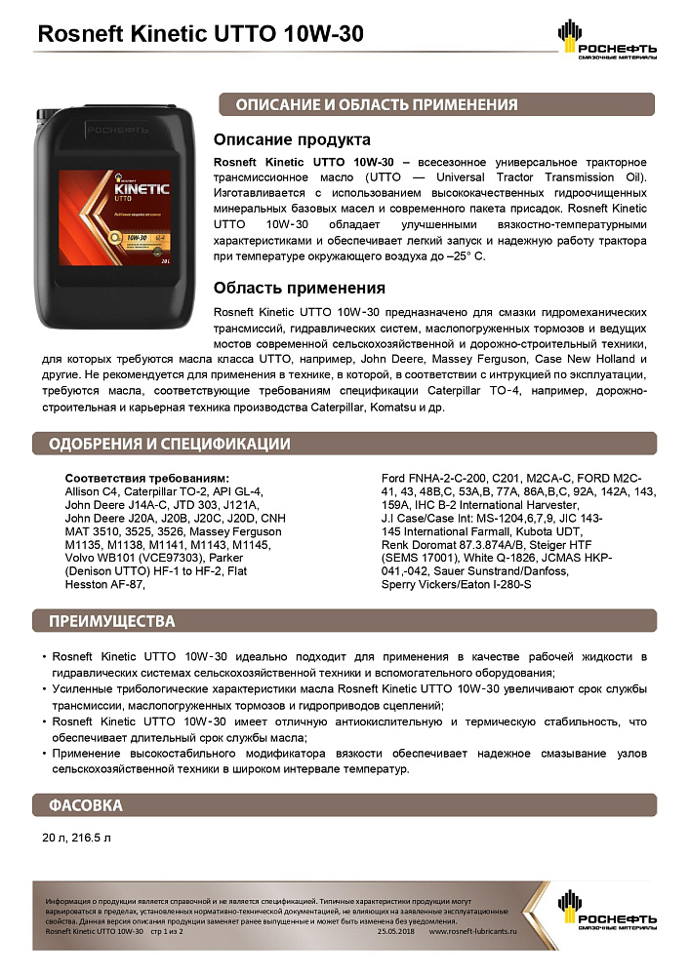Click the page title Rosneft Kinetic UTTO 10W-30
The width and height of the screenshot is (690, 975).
click(199, 34)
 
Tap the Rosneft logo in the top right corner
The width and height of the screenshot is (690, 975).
click(606, 39)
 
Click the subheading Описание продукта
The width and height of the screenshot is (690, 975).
click(292, 139)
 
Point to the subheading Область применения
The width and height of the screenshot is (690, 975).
click(299, 288)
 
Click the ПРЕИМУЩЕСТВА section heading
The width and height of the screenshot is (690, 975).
click(112, 621)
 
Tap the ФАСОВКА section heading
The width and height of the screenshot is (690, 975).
click(86, 805)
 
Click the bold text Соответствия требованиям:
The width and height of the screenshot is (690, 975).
click(146, 479)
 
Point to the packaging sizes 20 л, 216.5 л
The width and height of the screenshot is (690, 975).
click(77, 838)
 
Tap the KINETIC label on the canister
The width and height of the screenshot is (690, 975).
click(141, 185)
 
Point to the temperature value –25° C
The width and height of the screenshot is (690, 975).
click(462, 255)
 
